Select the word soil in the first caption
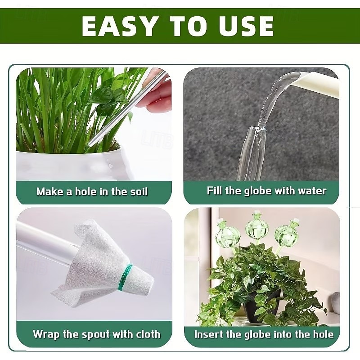pyautogui.click(x=137, y=191)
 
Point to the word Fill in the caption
pyautogui.click(x=215, y=190)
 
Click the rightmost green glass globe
pyautogui.click(x=287, y=234)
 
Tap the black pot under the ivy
pyautogui.click(x=261, y=306)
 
